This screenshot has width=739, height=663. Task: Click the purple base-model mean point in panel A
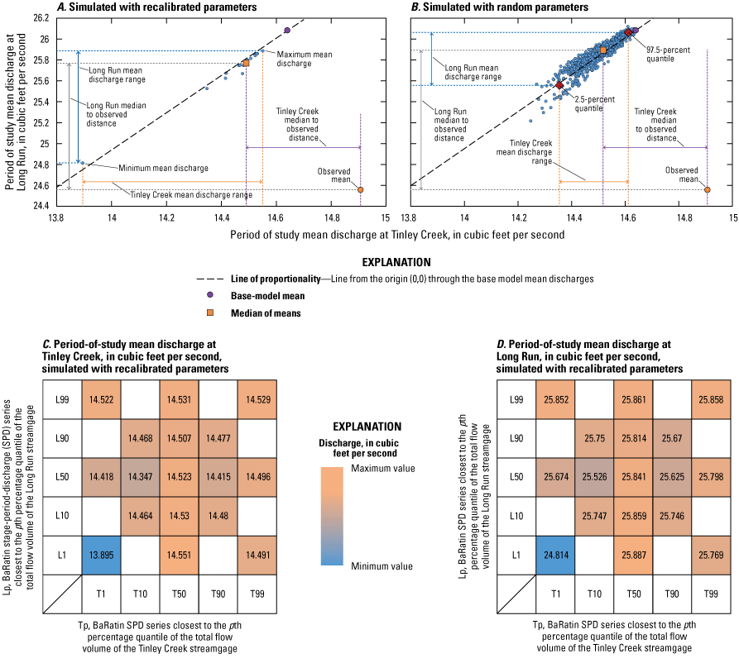[287, 31]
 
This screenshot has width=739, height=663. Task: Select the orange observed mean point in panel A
[361, 189]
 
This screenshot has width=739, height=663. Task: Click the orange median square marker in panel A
[246, 63]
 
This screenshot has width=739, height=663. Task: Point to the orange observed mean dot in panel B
[708, 189]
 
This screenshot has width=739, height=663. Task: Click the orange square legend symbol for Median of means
[223, 313]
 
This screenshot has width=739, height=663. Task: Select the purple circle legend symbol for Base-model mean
[223, 296]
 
